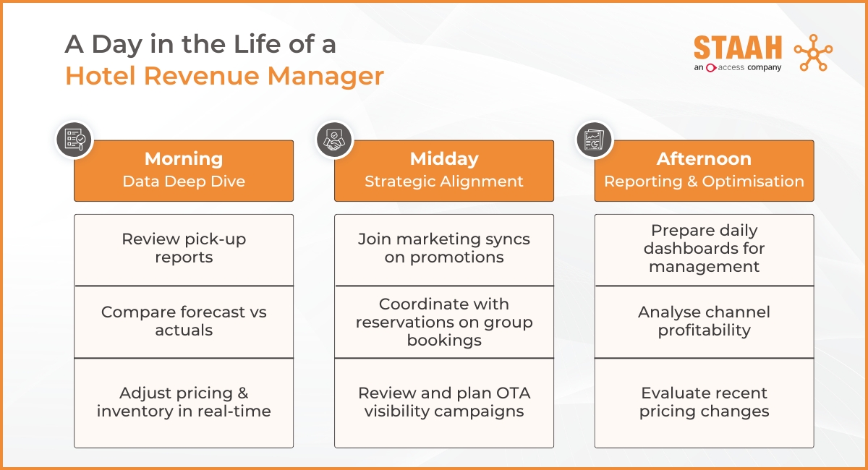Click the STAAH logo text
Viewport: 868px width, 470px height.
coord(737,48)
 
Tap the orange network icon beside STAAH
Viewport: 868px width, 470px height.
coord(813,53)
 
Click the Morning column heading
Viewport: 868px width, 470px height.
coord(184,159)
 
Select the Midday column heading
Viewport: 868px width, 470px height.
coord(443,159)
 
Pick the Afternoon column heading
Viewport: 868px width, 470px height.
coord(704,159)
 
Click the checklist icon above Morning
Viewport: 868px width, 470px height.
coord(74,140)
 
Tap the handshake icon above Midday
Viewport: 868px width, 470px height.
coord(334,140)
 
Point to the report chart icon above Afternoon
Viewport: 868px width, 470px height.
coord(595,140)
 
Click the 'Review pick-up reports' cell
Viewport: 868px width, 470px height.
coord(184,249)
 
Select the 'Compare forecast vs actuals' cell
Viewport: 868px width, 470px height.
coord(184,322)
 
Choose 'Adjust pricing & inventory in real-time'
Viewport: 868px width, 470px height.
coord(184,403)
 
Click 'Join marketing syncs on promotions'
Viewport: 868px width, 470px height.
coord(443,249)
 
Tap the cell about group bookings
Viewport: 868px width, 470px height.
coord(443,322)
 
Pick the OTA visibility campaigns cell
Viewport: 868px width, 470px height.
coord(443,403)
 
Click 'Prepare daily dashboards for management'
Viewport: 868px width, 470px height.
coord(704,249)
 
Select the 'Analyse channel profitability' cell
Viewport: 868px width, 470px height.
coord(704,322)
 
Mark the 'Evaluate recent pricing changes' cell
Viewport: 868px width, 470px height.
coord(704,403)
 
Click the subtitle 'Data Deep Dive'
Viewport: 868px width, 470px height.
coord(184,181)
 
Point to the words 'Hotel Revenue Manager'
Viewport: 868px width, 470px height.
coord(224,76)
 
